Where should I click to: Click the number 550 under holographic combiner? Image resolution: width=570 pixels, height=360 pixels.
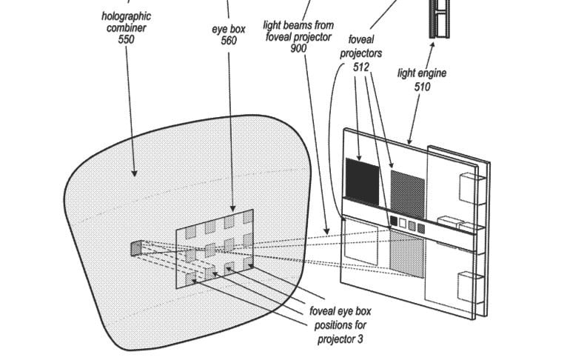point(126,39)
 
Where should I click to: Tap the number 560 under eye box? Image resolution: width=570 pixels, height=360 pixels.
point(229,41)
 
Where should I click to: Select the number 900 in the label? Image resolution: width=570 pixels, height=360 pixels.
point(298,48)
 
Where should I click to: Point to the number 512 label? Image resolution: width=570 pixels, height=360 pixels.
point(361,66)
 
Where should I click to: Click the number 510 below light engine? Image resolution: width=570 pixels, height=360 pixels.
point(422,86)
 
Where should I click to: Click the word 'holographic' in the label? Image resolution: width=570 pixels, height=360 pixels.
point(126,15)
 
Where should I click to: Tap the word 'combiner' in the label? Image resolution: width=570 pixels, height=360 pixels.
point(126,27)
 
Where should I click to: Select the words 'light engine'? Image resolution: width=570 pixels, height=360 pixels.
point(422,73)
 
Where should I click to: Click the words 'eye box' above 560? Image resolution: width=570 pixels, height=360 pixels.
point(229,29)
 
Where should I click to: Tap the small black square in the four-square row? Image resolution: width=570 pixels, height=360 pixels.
point(394,221)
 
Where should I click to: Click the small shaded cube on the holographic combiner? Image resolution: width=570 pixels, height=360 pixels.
point(135,248)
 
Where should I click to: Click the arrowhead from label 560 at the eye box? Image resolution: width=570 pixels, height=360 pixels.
point(233,210)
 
